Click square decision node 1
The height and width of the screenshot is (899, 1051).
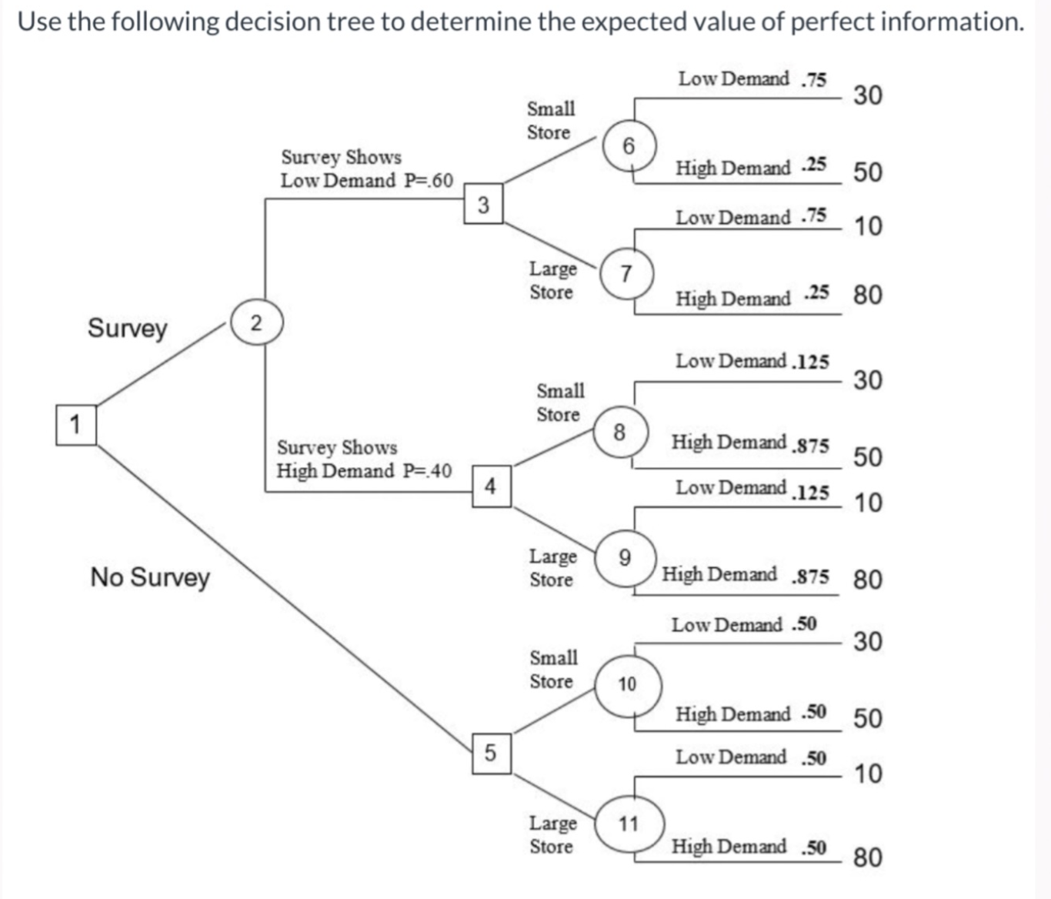click(75, 424)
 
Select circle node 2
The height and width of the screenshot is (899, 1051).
click(256, 323)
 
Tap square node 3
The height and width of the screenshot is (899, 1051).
click(483, 204)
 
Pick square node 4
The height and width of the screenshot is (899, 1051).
click(491, 486)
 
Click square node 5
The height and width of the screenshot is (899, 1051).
click(491, 752)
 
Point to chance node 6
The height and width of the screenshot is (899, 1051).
click(629, 145)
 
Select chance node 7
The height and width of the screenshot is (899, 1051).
click(626, 273)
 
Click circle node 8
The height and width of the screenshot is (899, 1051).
click(620, 432)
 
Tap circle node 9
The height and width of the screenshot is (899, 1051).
click(625, 557)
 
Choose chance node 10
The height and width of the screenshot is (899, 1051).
click(627, 683)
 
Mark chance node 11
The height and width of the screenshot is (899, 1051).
click(629, 824)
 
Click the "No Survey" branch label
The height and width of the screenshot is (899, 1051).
click(150, 576)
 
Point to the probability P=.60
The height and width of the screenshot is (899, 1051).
click(429, 181)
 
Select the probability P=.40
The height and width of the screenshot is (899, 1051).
click(428, 471)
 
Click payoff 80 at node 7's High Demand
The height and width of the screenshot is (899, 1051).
click(867, 295)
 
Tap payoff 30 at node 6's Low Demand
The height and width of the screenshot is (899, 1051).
click(867, 95)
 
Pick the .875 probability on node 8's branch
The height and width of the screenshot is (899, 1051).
click(811, 446)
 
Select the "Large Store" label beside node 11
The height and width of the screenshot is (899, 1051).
click(552, 834)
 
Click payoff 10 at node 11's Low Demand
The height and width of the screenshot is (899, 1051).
click(868, 774)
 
